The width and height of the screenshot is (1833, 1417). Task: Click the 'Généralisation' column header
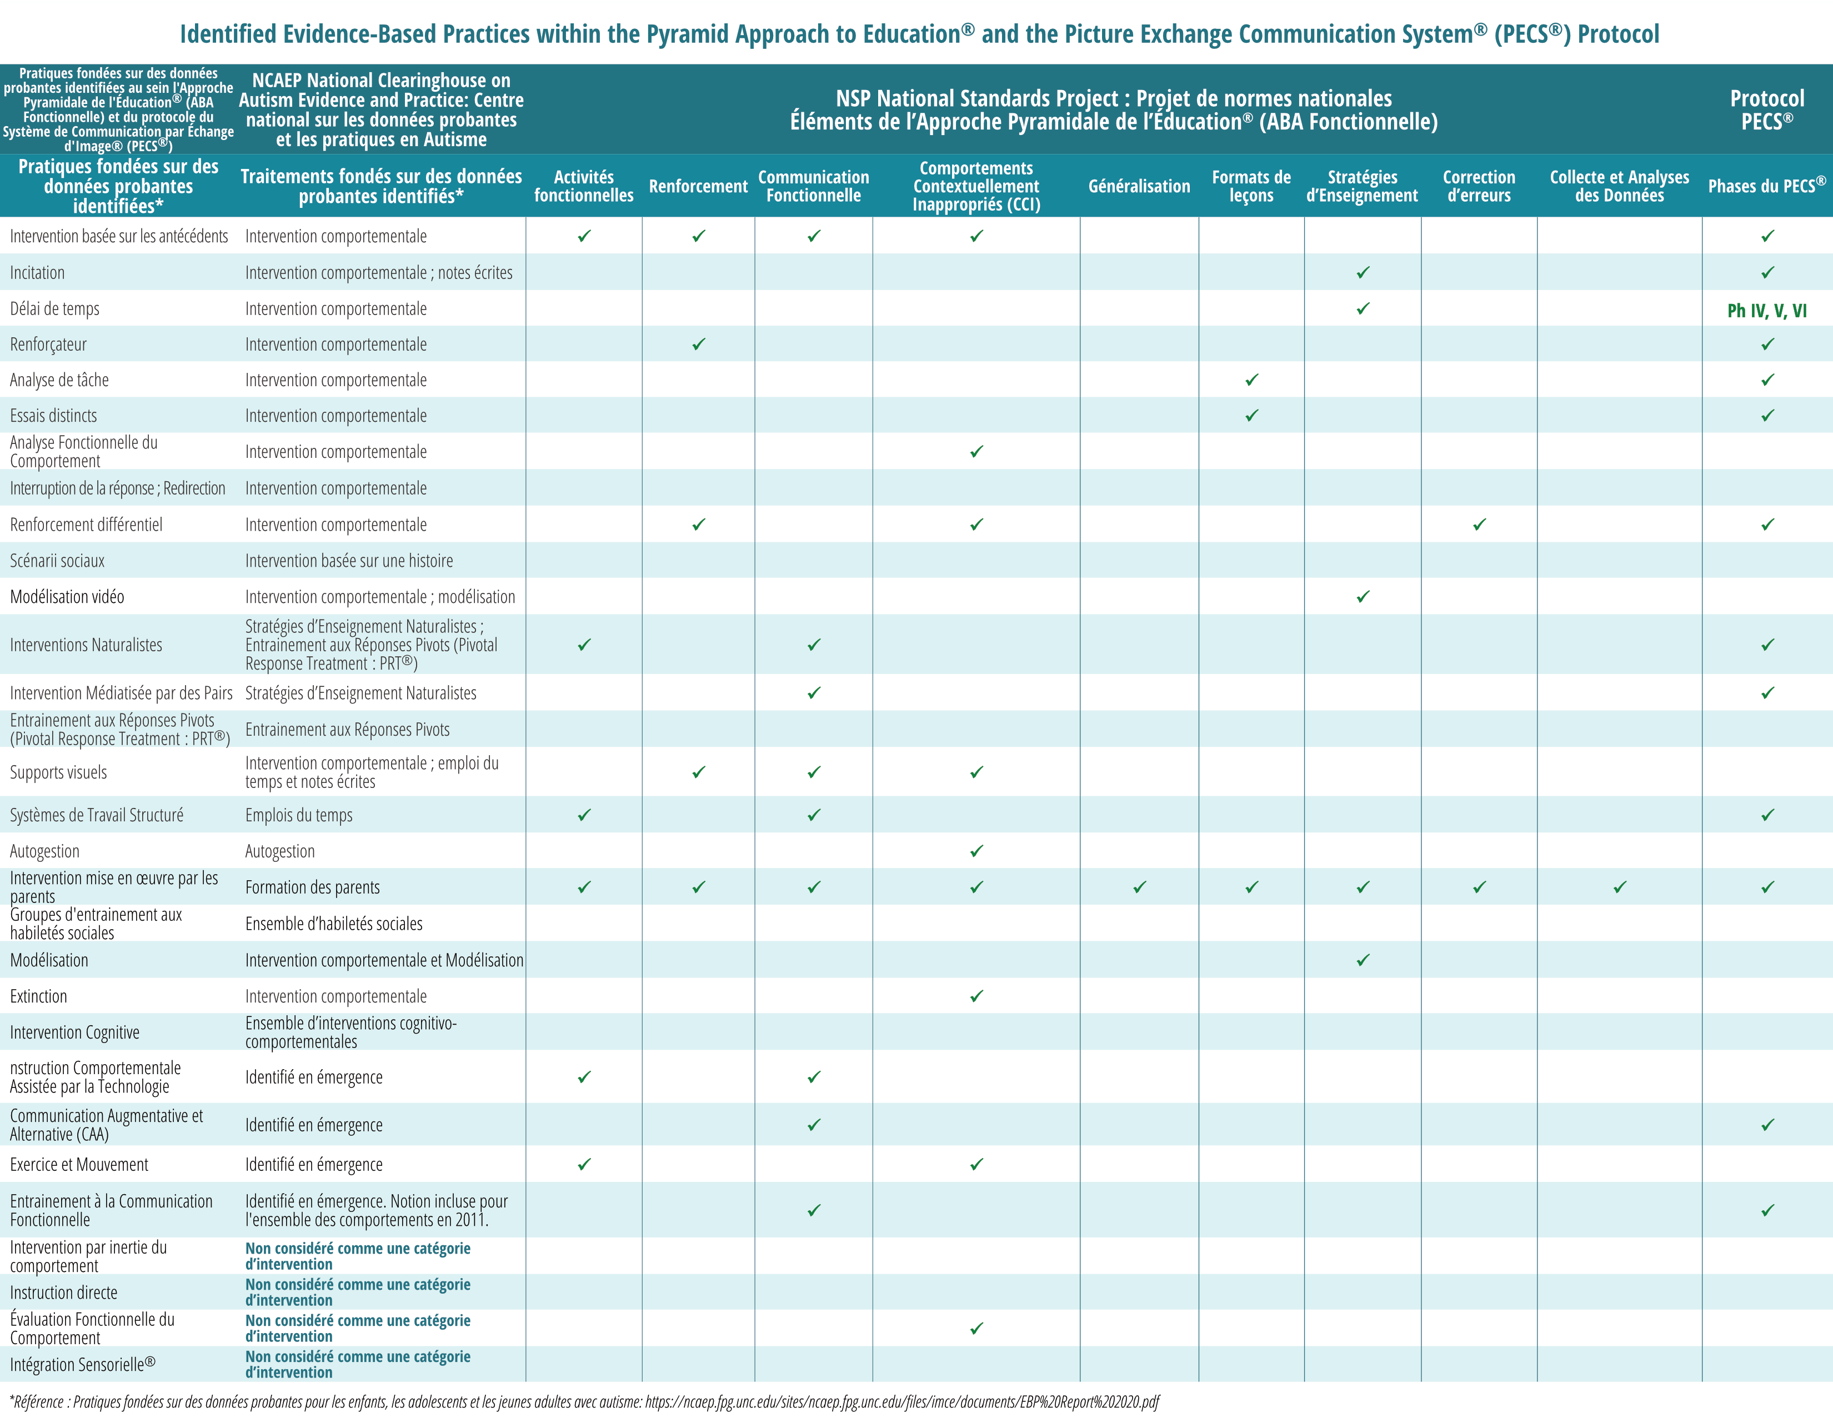[x=1139, y=186]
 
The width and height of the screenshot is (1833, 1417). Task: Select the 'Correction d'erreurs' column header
[x=1479, y=186]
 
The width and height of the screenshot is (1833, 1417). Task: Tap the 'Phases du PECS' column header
[x=1767, y=186]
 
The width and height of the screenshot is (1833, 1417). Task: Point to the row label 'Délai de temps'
[x=54, y=309]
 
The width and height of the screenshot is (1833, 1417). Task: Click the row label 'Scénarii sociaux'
[x=57, y=561]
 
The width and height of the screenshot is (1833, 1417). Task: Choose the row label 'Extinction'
[x=39, y=996]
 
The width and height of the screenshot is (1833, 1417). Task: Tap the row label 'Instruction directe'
[x=64, y=1293]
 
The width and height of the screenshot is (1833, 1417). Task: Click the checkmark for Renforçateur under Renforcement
[x=698, y=344]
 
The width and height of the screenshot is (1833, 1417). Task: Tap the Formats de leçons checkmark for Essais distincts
[x=1251, y=416]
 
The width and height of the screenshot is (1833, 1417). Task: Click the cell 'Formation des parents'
[x=312, y=887]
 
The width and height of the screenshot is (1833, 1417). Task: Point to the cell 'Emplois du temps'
[x=299, y=815]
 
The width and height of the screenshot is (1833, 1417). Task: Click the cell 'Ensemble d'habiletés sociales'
[x=334, y=924]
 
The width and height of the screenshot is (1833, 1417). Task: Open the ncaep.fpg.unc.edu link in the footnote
[x=902, y=1402]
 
